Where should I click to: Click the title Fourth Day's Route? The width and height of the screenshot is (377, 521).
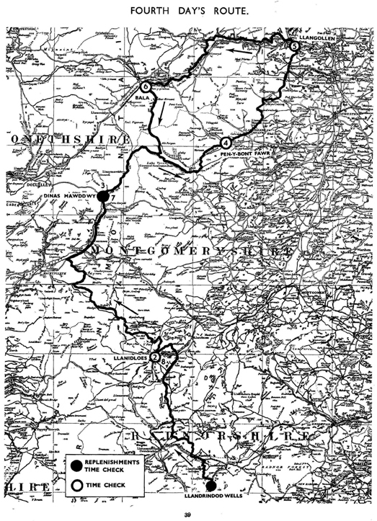[x=187, y=11]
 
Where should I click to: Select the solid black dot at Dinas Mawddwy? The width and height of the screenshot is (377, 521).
[x=103, y=195]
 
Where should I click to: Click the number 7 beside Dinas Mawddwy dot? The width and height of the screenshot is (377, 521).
[x=113, y=198]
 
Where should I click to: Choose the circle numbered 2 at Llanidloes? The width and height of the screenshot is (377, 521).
[x=156, y=354]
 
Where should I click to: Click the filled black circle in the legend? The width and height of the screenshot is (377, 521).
[x=74, y=465]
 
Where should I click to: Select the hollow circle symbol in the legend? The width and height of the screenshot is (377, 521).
[x=74, y=485]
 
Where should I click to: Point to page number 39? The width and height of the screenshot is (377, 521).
[x=187, y=513]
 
